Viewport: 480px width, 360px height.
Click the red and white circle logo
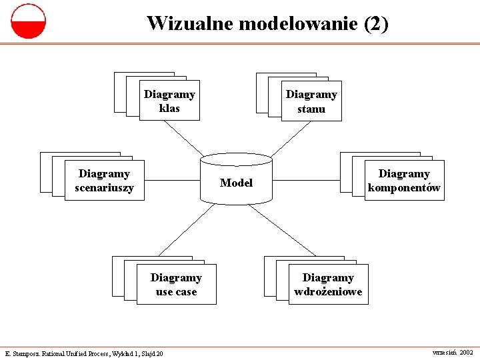click(29, 21)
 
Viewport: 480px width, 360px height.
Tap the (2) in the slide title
click(376, 24)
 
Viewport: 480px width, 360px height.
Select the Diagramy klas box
click(169, 101)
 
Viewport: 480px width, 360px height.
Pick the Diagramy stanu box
click(311, 102)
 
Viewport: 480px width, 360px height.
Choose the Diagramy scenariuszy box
click(105, 181)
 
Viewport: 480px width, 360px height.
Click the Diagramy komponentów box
click(404, 181)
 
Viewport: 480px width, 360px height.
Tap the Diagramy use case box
click(176, 285)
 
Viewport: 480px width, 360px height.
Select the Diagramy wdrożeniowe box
click(328, 285)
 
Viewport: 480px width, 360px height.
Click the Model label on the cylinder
click(237, 183)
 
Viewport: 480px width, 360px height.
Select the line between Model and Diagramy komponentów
click(307, 180)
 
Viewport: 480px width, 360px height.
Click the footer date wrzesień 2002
click(453, 351)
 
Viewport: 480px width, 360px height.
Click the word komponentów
click(404, 188)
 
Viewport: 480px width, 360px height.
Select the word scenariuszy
click(105, 188)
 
